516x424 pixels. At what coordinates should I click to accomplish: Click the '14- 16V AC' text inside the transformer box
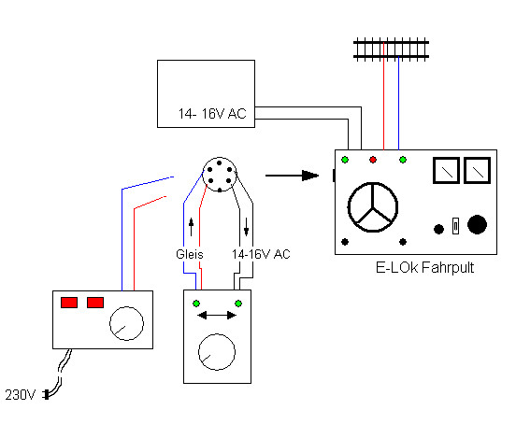[x=212, y=114]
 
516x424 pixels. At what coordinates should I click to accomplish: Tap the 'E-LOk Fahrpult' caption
[x=424, y=268]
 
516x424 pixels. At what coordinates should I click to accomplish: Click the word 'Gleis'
[x=190, y=254]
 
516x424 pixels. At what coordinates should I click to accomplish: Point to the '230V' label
[x=20, y=395]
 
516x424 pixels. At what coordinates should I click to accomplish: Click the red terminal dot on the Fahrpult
[x=373, y=160]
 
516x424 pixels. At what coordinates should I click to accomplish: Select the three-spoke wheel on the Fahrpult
[x=373, y=207]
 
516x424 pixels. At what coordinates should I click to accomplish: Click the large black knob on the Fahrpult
[x=477, y=224]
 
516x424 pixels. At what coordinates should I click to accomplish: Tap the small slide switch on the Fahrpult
[x=455, y=226]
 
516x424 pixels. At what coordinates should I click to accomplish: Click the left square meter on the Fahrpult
[x=446, y=170]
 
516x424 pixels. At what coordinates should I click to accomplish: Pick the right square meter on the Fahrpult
[x=477, y=170]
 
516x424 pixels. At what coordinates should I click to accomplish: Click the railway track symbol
[x=391, y=49]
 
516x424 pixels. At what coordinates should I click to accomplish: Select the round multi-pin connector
[x=220, y=175]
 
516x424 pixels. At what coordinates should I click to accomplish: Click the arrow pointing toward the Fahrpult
[x=292, y=176]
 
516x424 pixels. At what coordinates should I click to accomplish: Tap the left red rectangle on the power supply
[x=69, y=303]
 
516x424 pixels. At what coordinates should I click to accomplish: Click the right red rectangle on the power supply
[x=95, y=303]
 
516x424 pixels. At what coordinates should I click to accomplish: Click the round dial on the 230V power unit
[x=126, y=323]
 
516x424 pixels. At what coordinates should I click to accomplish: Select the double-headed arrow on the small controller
[x=217, y=316]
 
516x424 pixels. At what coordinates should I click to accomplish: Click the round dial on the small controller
[x=217, y=352]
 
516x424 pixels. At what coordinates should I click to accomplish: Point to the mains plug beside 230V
[x=47, y=394]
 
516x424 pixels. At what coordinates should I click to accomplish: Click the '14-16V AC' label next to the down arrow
[x=261, y=254]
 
